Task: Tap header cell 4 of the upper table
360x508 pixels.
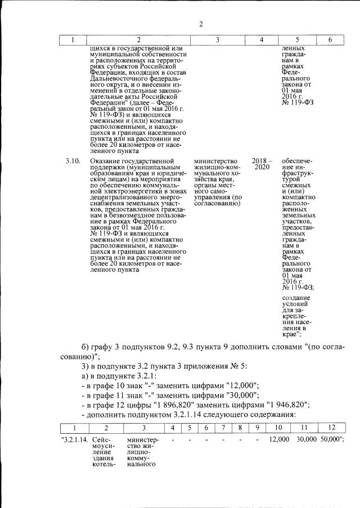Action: coord(261,40)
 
